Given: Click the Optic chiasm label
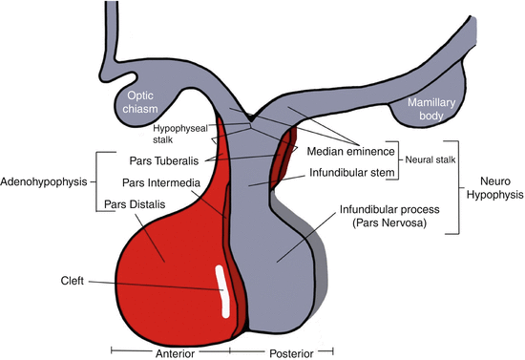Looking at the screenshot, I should [x=139, y=103].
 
